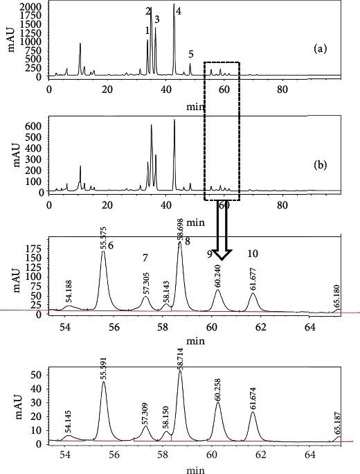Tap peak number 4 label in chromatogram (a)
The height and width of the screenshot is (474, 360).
click(x=179, y=12)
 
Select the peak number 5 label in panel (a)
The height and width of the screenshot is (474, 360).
click(x=190, y=54)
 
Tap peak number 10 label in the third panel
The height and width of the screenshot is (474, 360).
click(x=253, y=254)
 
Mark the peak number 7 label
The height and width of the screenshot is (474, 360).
click(x=145, y=258)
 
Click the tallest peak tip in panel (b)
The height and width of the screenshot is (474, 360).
click(x=174, y=120)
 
